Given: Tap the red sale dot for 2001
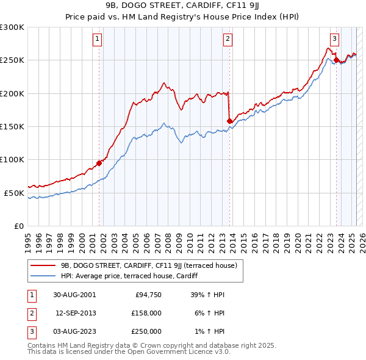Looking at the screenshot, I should [99, 163].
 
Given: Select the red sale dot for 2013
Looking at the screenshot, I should [229, 121].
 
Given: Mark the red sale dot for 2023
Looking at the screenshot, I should [336, 60].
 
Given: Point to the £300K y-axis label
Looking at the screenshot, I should [12, 27].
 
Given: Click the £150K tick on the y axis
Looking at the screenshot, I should [12, 126].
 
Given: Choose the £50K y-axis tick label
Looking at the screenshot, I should [14, 193].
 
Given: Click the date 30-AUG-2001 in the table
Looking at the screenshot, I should [74, 295].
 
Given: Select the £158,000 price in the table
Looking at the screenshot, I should [146, 313].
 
